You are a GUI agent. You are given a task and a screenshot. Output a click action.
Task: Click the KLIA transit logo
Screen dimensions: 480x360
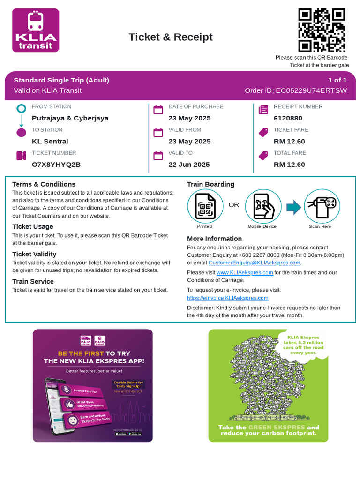point(36,30)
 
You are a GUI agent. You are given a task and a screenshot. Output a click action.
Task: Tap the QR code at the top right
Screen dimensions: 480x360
point(322,30)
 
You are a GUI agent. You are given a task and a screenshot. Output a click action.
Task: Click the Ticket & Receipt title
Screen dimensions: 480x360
point(171,37)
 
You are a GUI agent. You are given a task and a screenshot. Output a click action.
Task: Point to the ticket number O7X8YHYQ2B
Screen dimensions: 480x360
point(56,165)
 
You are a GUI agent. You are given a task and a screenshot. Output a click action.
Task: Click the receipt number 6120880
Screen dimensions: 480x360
point(288,118)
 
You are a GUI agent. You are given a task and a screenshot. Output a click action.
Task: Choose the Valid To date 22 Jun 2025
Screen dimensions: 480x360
point(189,165)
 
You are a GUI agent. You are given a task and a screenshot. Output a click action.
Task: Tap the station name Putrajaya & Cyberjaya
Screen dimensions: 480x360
point(70,118)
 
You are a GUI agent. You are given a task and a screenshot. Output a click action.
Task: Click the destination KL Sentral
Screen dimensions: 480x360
point(50,141)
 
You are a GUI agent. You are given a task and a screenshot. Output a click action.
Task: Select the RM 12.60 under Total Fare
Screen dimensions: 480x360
point(289,165)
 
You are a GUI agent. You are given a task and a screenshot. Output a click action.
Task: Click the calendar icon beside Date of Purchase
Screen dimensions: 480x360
point(158,110)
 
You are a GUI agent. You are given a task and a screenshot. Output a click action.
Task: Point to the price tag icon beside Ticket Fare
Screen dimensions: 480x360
point(263,133)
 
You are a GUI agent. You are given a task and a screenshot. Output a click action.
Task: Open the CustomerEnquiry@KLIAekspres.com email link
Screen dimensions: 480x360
point(254,263)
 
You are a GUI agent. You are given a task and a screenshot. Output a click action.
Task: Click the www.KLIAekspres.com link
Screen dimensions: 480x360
point(245,272)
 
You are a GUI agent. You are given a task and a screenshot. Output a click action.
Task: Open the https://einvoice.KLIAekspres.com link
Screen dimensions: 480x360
point(227,298)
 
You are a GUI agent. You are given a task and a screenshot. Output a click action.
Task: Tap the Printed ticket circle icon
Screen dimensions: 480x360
point(205,206)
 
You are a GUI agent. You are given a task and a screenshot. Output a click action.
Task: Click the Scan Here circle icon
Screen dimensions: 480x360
point(322,206)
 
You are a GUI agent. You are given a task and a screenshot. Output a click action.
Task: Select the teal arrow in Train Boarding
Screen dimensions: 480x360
point(293,207)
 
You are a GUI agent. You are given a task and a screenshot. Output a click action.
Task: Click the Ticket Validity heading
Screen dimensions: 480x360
point(34,254)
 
